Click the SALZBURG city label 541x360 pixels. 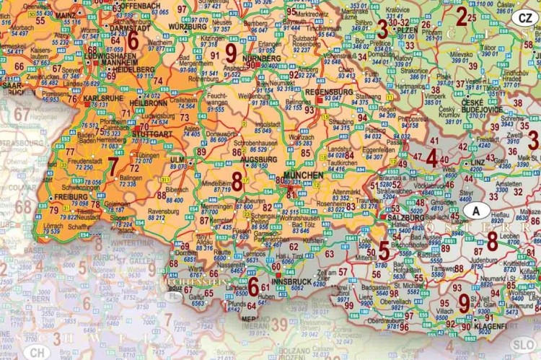pyautogui.click(x=405, y=217)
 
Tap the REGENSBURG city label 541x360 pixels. pyautogui.click(x=328, y=92)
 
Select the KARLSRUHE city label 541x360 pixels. pyautogui.click(x=102, y=97)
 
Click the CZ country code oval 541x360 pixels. pyautogui.click(x=524, y=17)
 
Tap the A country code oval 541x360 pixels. pyautogui.click(x=476, y=210)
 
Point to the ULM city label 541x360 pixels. pyautogui.click(x=177, y=159)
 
